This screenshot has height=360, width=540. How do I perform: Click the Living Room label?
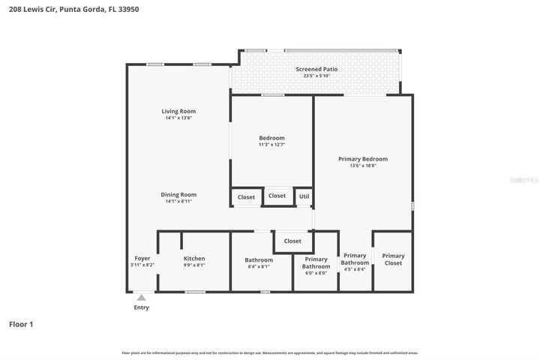(x=178, y=111)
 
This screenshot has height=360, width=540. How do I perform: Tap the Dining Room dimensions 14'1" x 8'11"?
(x=178, y=201)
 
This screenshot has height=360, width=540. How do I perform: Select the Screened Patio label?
(x=320, y=69)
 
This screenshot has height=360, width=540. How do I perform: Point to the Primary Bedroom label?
(x=363, y=159)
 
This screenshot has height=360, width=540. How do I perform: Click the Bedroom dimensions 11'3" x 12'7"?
(x=271, y=144)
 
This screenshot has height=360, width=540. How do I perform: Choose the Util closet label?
(x=304, y=196)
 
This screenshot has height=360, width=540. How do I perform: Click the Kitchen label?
(x=194, y=259)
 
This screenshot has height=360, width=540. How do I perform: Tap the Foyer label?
(x=142, y=259)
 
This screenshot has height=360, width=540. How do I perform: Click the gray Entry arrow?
(x=141, y=298)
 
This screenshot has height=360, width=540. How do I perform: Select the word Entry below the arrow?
(x=141, y=307)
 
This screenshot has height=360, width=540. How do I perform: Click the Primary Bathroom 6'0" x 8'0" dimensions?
(x=316, y=273)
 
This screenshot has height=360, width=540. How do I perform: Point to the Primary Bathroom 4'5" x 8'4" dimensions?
(x=355, y=269)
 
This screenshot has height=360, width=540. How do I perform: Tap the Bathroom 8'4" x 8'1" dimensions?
(x=258, y=266)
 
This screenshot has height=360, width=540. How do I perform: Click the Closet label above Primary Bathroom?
(x=292, y=241)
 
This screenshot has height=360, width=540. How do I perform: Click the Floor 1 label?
(x=21, y=324)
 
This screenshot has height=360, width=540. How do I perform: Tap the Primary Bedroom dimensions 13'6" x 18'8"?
(x=363, y=166)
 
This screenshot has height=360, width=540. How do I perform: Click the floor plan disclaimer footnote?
(x=270, y=352)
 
